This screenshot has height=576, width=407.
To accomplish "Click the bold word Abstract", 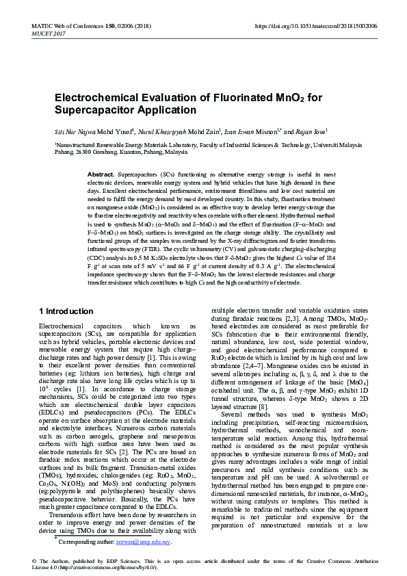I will tap(101, 176).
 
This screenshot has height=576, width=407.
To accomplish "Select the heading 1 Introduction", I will tap(66, 311).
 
